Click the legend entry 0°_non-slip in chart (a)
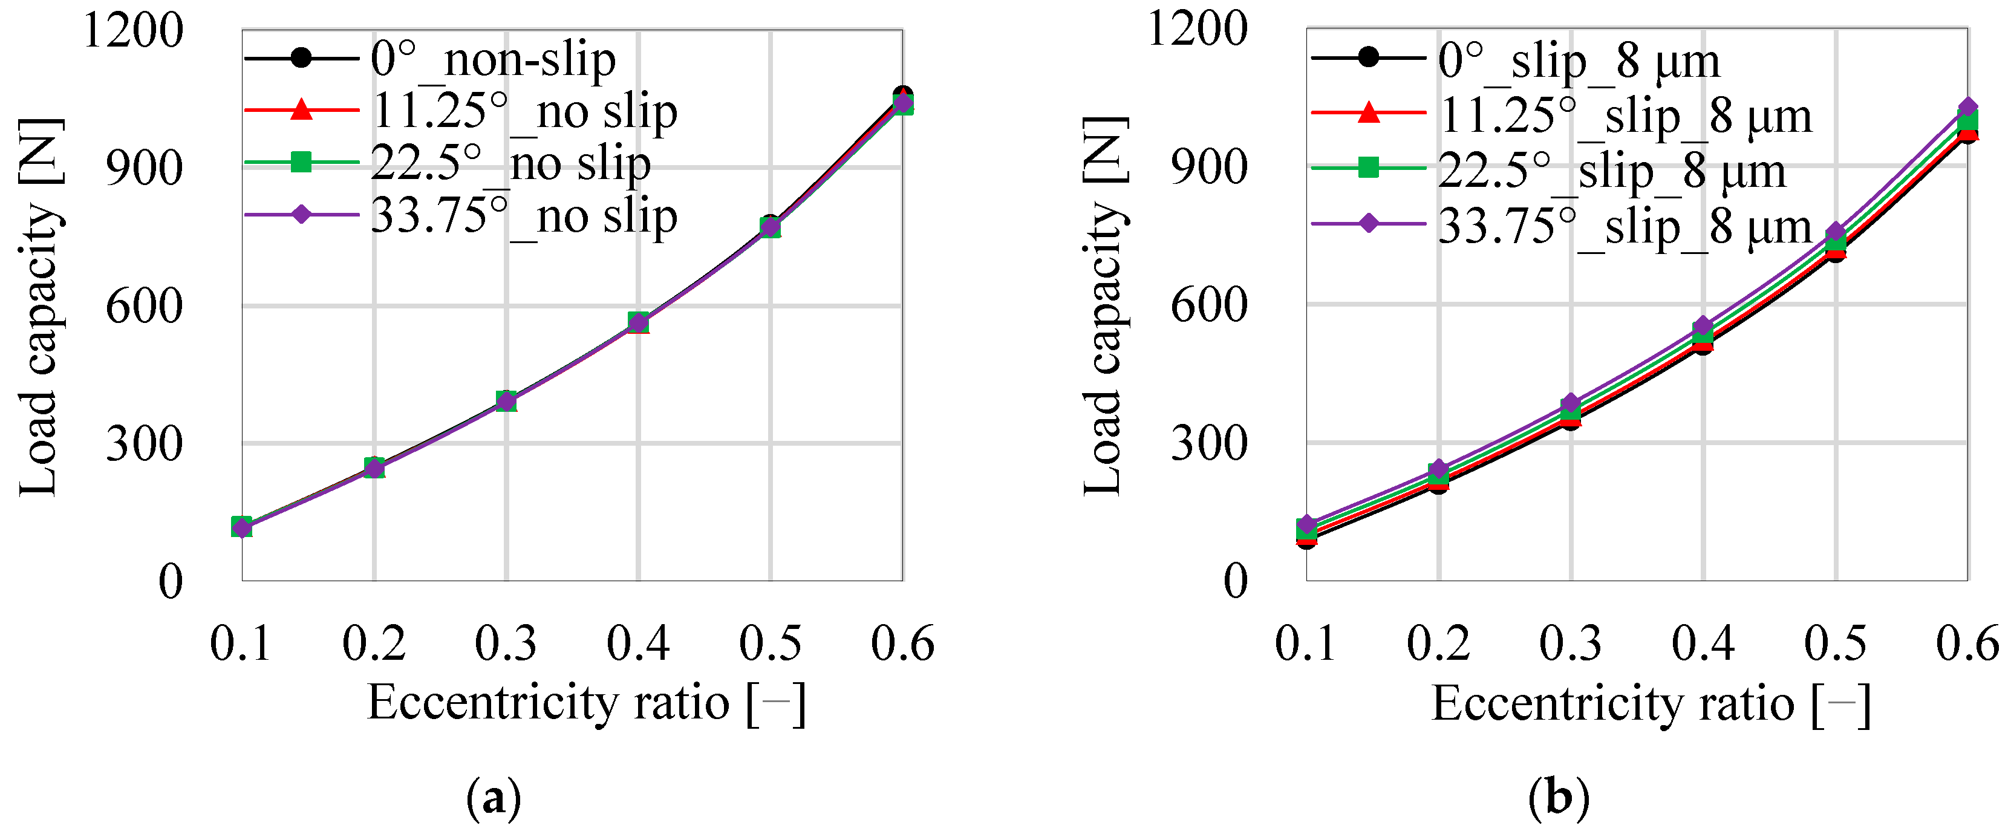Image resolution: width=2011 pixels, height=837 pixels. click(x=492, y=59)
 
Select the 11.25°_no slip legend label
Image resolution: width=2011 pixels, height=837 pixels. click(x=524, y=112)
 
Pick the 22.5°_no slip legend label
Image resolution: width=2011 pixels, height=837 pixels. click(x=510, y=163)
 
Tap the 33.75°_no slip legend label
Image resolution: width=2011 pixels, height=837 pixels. click(x=524, y=215)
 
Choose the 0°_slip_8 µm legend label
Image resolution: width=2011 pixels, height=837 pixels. click(x=1579, y=61)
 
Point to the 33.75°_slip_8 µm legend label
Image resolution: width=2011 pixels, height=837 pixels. click(x=1625, y=226)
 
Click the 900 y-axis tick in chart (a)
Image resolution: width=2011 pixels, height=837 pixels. click(x=144, y=168)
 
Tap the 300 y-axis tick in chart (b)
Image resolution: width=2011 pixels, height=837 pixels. click(x=1208, y=443)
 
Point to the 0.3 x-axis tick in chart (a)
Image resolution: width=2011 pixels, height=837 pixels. click(x=506, y=644)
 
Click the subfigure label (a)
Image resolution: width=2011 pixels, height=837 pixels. click(x=494, y=798)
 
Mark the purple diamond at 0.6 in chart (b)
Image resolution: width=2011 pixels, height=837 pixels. click(x=1968, y=108)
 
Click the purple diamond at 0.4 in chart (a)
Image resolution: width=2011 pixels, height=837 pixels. click(x=639, y=322)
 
